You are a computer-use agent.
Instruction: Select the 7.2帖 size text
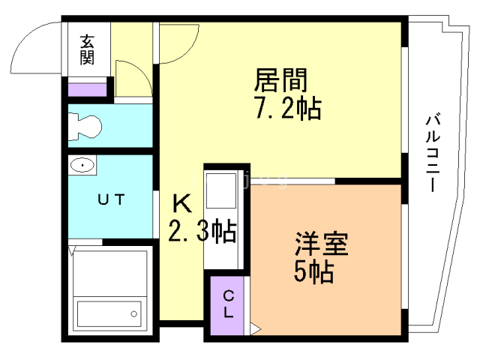[x=286, y=109]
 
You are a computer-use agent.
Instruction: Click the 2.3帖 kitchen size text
[x=202, y=231]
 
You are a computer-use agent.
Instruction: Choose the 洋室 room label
[x=321, y=245]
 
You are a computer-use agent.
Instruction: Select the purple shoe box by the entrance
[x=88, y=89]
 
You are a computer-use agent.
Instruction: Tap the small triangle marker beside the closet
[x=255, y=327]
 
